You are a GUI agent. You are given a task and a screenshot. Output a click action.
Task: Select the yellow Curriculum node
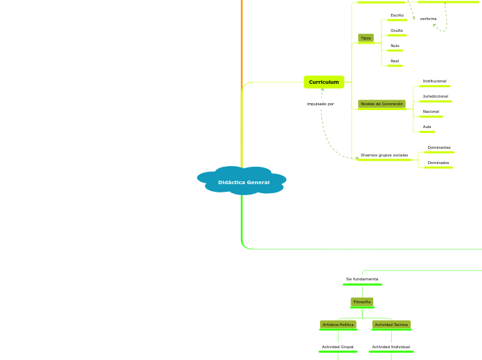(323, 82)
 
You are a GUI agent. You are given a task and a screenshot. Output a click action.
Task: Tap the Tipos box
(366, 38)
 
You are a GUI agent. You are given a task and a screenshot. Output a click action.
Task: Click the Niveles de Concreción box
(382, 104)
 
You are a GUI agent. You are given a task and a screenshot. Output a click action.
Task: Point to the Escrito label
(397, 15)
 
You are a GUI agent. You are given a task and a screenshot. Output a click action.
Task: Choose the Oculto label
(397, 30)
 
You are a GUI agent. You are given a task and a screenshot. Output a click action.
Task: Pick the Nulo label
(395, 46)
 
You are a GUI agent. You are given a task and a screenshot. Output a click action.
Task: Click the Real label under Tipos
(395, 61)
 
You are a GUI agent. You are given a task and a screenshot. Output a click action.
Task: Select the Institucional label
(434, 81)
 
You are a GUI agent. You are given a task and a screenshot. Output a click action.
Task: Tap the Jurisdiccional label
(435, 96)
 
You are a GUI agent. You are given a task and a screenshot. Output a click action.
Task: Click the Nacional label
(431, 111)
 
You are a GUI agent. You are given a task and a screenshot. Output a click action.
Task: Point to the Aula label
(427, 127)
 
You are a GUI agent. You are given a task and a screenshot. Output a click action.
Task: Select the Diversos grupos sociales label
(384, 155)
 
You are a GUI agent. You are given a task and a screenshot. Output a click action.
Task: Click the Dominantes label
(439, 147)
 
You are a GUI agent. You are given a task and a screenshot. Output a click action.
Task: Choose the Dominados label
(438, 163)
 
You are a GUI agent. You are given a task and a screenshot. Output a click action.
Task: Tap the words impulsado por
(321, 104)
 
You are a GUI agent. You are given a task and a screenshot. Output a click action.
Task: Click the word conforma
(428, 19)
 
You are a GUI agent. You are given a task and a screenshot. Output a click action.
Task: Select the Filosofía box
(362, 302)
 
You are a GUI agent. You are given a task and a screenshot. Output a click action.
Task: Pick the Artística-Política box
(338, 324)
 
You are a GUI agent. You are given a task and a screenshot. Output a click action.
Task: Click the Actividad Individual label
(391, 347)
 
